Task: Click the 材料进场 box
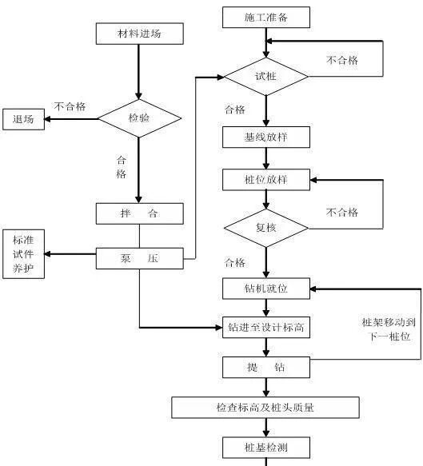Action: pyautogui.click(x=139, y=34)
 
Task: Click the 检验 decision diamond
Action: pyautogui.click(x=139, y=118)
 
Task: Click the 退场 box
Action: pyautogui.click(x=23, y=119)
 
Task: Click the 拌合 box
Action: pyautogui.click(x=139, y=214)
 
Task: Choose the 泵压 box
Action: pyautogui.click(x=139, y=258)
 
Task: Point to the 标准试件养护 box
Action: pyautogui.click(x=23, y=254)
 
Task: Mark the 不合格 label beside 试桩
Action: pyautogui.click(x=342, y=60)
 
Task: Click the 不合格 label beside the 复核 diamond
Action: pyautogui.click(x=342, y=212)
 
